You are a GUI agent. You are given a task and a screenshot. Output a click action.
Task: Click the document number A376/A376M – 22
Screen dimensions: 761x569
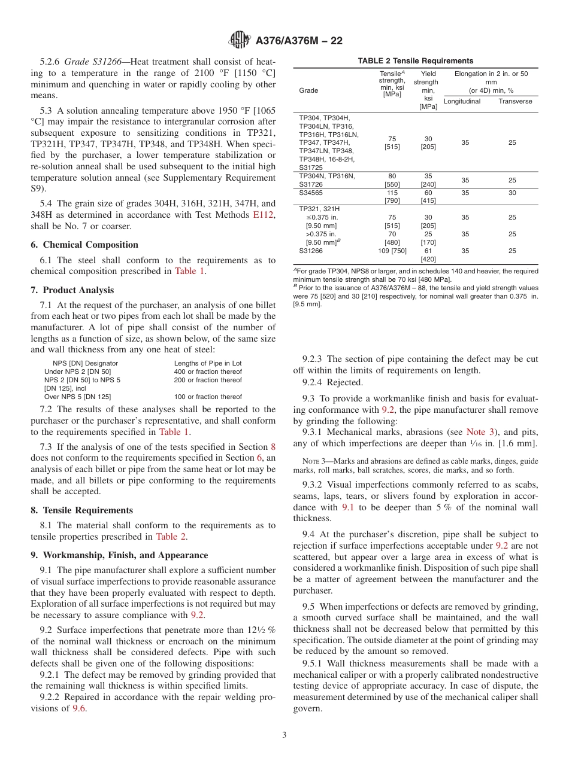tap(299, 41)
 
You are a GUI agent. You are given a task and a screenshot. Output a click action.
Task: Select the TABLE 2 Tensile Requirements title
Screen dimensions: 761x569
tap(415, 61)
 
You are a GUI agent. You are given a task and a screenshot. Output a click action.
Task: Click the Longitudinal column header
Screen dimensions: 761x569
tap(462, 101)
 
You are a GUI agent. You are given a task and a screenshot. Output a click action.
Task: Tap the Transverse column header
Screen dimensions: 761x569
tap(515, 101)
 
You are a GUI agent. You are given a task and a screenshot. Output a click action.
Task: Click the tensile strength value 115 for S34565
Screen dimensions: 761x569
tap(392, 193)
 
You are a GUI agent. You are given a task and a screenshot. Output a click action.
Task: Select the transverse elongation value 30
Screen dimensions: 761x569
tap(512, 193)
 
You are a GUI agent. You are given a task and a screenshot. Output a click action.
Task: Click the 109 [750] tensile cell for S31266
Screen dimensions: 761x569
tap(392, 251)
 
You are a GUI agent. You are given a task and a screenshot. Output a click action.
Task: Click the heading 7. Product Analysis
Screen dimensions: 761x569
tap(72, 290)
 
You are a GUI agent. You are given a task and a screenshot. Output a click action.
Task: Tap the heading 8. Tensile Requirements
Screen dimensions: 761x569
tap(82, 510)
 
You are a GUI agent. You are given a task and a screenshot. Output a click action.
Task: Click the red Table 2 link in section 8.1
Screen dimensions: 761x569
tap(171, 537)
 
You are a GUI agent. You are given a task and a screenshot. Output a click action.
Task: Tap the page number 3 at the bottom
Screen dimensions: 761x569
tap(284, 735)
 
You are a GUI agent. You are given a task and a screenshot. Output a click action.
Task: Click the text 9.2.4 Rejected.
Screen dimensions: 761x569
tap(332, 382)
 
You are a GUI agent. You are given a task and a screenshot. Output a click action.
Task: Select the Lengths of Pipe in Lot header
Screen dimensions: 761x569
tap(208, 363)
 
